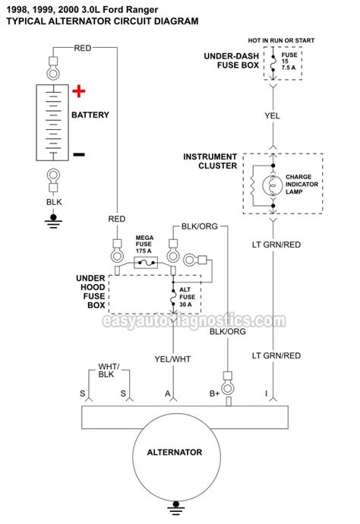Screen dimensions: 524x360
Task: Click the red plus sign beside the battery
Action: (x=79, y=93)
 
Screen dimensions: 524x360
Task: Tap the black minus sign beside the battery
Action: (x=79, y=154)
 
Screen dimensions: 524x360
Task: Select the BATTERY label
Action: (x=90, y=115)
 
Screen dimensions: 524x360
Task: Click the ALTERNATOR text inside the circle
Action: (x=175, y=452)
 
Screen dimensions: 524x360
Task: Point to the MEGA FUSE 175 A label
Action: (x=145, y=245)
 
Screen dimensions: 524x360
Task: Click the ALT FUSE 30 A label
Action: (x=186, y=297)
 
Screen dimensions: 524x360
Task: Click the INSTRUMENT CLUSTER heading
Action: (x=210, y=163)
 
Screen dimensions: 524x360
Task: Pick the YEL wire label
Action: (x=273, y=117)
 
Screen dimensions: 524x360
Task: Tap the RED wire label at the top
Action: (x=84, y=48)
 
